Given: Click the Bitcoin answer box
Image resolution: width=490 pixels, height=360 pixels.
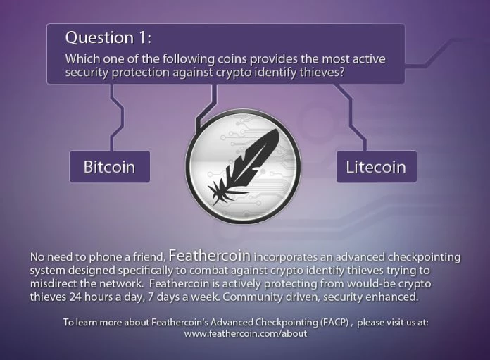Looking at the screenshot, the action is point(110,167).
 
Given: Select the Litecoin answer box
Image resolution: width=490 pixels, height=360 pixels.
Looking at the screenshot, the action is point(377,167).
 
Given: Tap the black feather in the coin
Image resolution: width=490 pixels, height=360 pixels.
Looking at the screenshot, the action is point(243,166).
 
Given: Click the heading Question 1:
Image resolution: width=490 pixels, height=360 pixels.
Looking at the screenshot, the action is point(108,37).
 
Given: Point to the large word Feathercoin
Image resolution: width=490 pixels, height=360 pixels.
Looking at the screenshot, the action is point(209,256).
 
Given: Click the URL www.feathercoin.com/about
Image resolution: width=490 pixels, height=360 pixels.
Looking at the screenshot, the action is point(246,333).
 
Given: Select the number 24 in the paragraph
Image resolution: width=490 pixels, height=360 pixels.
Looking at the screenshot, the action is point(75,297).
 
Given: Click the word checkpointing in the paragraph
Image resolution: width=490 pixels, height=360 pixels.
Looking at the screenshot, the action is point(424,257).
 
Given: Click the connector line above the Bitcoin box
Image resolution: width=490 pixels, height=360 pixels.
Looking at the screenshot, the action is point(116,118).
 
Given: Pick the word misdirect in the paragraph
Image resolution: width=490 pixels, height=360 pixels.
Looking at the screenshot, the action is point(51,283).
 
